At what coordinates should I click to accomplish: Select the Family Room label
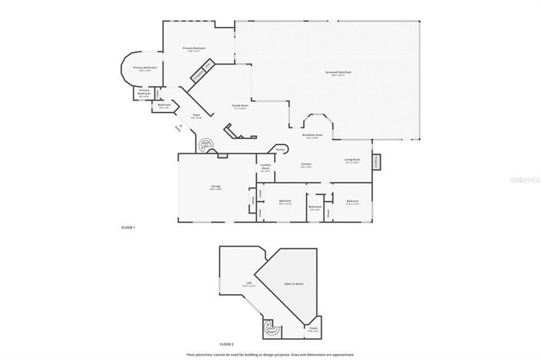coord(240,107)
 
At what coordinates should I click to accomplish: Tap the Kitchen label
coord(306,165)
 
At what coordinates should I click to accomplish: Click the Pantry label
coord(281,149)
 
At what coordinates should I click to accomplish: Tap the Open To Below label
coord(295,284)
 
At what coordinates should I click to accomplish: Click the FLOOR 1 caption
coord(128,228)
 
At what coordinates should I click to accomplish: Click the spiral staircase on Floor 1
coord(206,145)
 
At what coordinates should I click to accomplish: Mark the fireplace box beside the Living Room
coord(377,163)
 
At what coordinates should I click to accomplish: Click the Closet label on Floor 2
coord(313,330)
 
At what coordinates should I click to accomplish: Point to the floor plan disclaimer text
coord(271,355)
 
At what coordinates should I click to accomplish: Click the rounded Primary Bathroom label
coord(145,68)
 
